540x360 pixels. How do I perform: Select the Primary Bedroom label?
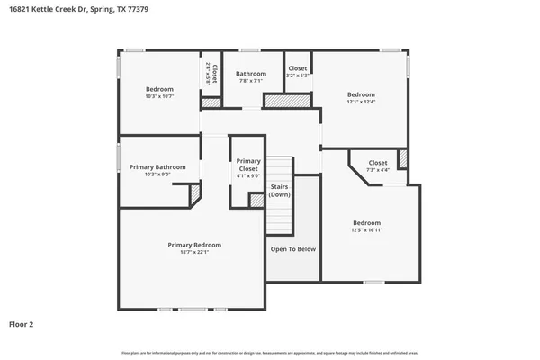(193, 245)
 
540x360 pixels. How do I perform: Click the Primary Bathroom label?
(157, 166)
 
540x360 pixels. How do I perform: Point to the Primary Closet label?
(248, 165)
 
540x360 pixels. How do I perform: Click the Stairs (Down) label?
(280, 190)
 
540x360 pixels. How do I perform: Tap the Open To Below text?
(293, 249)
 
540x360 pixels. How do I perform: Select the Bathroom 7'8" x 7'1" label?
(250, 74)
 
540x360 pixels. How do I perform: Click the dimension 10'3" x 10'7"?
(158, 97)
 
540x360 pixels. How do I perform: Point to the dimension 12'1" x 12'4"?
(361, 102)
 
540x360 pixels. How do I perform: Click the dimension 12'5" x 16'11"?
(366, 230)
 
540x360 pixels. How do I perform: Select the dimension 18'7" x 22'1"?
(193, 252)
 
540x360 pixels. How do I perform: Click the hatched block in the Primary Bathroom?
(193, 195)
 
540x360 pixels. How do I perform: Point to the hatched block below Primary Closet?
(256, 201)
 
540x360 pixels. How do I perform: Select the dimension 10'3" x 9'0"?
(157, 175)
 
